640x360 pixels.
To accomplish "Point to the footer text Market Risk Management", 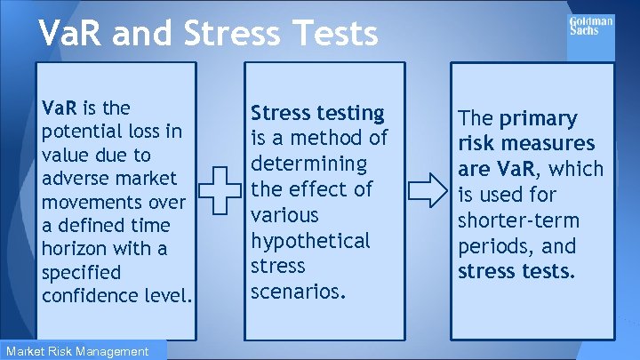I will (76, 351).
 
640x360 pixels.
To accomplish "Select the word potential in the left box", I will (79, 132).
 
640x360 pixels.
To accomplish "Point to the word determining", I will (308, 164).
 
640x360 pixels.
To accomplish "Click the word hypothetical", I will (310, 241).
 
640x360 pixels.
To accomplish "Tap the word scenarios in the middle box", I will (298, 292).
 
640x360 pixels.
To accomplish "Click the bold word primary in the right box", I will (538, 119).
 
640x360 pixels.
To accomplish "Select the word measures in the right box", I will (551, 144).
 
